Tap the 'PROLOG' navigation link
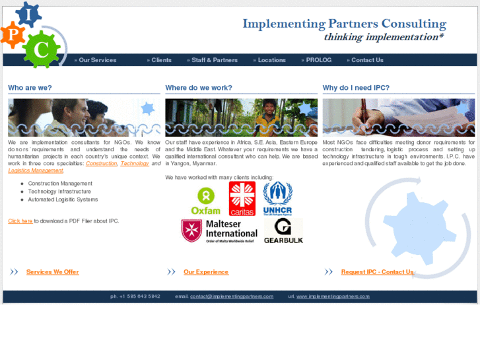click(318, 60)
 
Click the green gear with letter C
click(41, 49)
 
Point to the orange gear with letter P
click(12, 34)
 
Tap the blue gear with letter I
click(28, 13)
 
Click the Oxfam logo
click(205, 200)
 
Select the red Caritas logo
click(242, 199)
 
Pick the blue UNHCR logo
click(277, 199)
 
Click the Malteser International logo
click(219, 231)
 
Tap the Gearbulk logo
click(283, 231)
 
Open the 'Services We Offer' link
click(52, 272)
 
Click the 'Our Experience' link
click(206, 272)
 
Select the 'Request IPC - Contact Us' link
click(377, 272)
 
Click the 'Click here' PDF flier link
click(20, 221)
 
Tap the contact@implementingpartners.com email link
click(232, 297)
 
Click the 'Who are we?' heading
click(30, 88)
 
